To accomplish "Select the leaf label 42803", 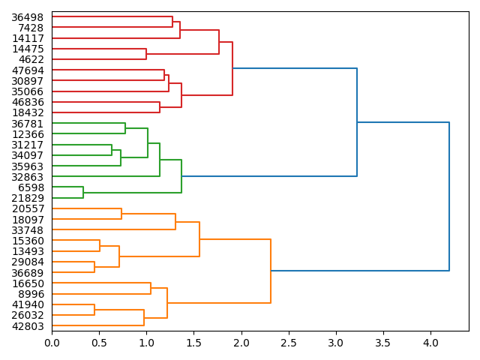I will click(x=28, y=326).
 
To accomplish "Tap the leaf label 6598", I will click(x=31, y=187).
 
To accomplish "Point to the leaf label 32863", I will click(x=28, y=177).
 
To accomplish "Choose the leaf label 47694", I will click(x=28, y=70).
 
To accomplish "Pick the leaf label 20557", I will click(x=28, y=209).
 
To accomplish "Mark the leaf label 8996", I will click(x=31, y=294).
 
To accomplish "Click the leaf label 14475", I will click(x=28, y=49).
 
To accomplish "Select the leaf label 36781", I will click(x=28, y=124).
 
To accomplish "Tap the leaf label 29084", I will click(x=28, y=262).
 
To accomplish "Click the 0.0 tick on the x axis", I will click(x=52, y=343).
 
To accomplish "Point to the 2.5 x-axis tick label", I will click(x=289, y=343).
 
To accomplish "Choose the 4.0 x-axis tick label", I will click(x=430, y=343).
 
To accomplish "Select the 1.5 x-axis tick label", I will click(x=193, y=343).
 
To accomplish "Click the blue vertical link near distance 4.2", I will click(x=449, y=196).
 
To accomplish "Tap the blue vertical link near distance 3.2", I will click(x=357, y=122).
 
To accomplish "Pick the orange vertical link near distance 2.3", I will click(x=271, y=271).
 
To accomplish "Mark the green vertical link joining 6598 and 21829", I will click(x=83, y=193).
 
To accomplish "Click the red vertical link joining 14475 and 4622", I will click(x=146, y=54).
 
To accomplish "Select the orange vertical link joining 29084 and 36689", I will click(x=94, y=267).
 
